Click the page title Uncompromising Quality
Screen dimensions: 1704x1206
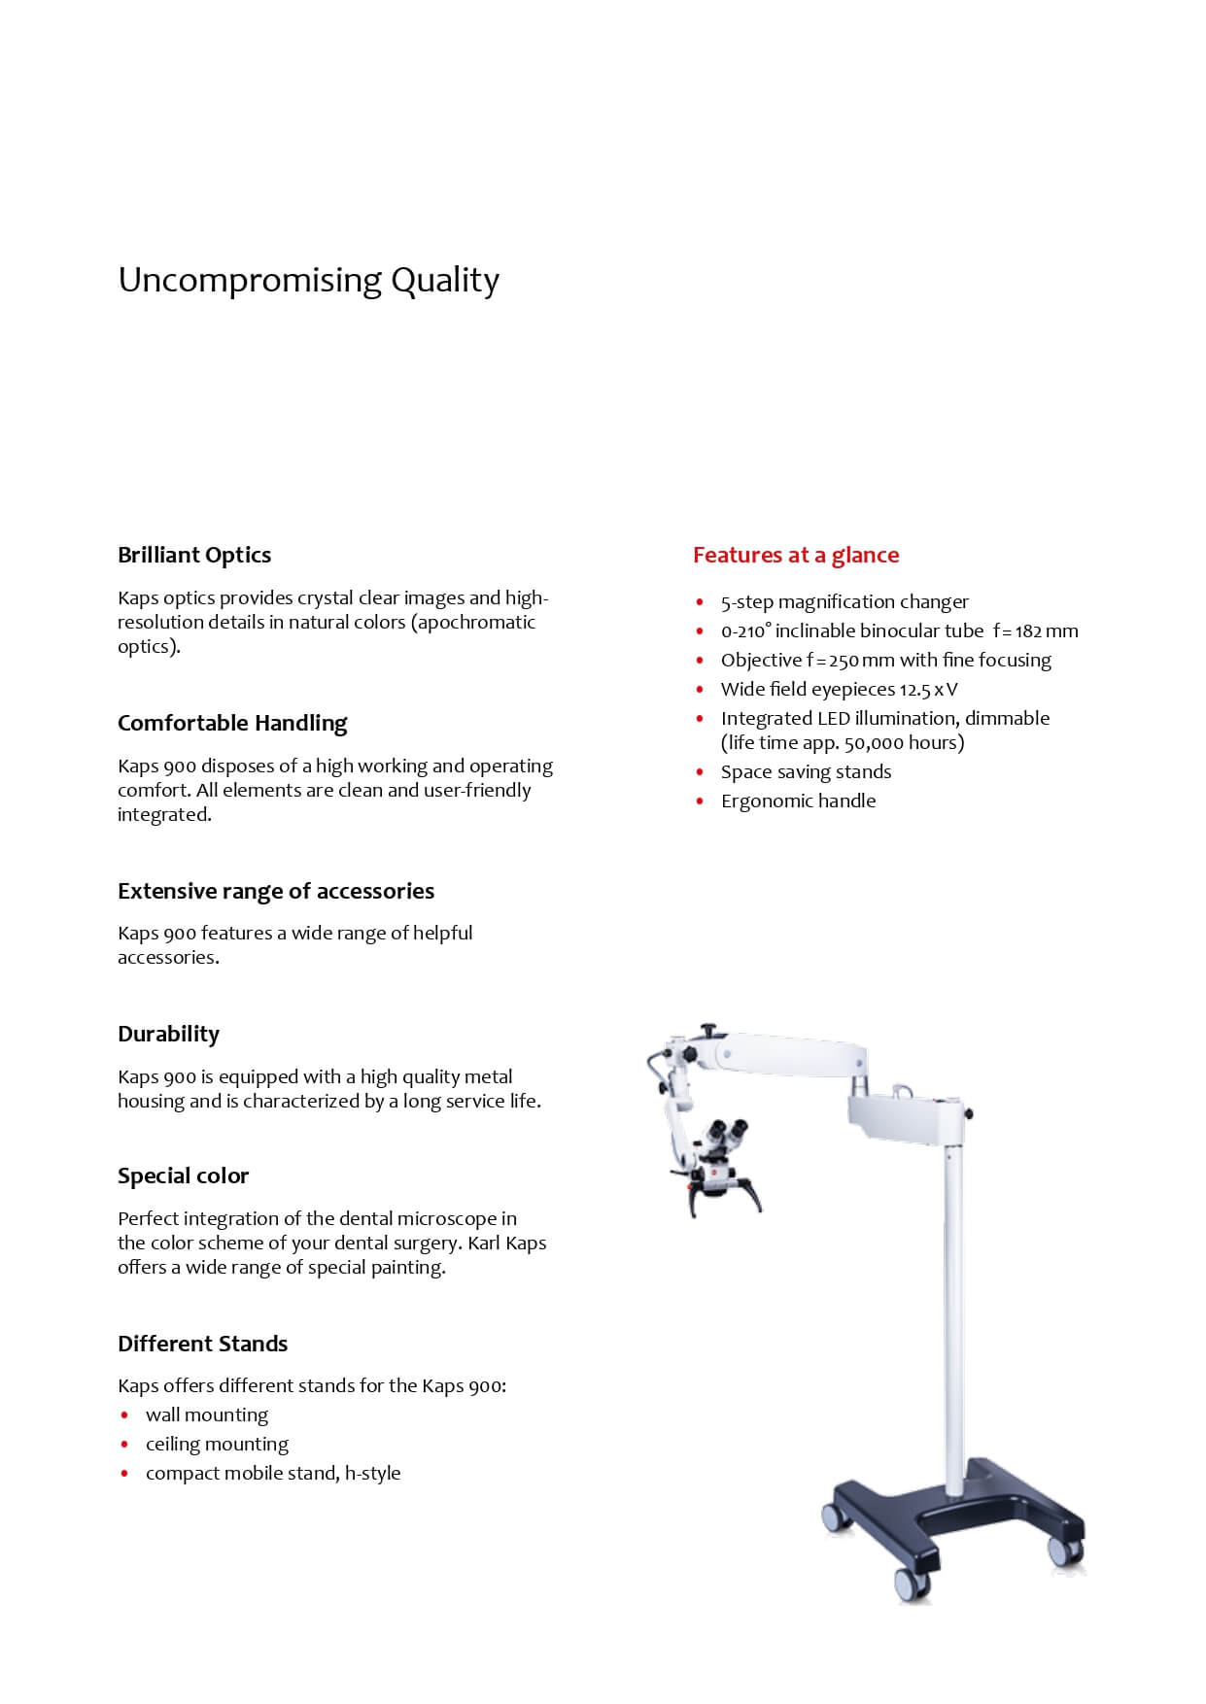(308, 280)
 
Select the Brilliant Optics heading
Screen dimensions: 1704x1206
(194, 555)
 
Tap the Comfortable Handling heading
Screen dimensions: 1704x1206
(232, 723)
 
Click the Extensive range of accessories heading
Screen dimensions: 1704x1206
(276, 891)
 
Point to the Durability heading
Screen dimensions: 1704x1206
(168, 1034)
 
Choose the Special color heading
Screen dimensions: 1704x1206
(183, 1176)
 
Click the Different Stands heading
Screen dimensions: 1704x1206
(202, 1344)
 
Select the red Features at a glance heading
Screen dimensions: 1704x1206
(796, 555)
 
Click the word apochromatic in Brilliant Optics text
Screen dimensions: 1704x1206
(476, 622)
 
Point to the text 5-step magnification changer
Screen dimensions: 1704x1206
(844, 601)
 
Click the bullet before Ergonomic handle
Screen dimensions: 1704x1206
(700, 801)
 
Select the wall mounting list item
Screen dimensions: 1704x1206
(207, 1414)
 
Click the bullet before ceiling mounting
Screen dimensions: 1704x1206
(124, 1445)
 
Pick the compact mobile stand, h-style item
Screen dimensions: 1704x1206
(273, 1473)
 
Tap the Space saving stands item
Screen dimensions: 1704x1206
(806, 771)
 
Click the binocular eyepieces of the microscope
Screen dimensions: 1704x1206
(729, 1132)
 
